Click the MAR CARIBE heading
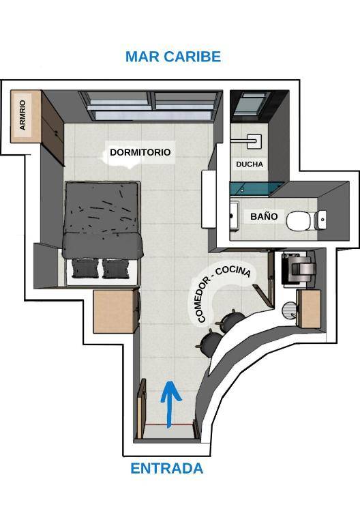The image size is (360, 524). (173, 57)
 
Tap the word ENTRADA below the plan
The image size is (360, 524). (166, 468)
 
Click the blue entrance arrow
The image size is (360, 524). (170, 405)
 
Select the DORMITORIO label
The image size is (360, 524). (140, 152)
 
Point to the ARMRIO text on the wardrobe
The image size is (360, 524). (22, 115)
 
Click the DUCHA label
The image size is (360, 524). (250, 164)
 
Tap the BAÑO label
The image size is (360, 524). (264, 216)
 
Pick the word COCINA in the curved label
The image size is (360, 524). (233, 271)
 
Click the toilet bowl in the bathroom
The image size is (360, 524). (299, 220)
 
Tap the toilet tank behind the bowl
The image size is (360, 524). (321, 220)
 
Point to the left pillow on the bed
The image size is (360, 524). (85, 268)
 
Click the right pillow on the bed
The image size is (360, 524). (115, 268)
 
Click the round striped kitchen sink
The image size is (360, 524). (290, 310)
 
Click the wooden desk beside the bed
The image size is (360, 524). (115, 311)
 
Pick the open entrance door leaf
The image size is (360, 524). (142, 409)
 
